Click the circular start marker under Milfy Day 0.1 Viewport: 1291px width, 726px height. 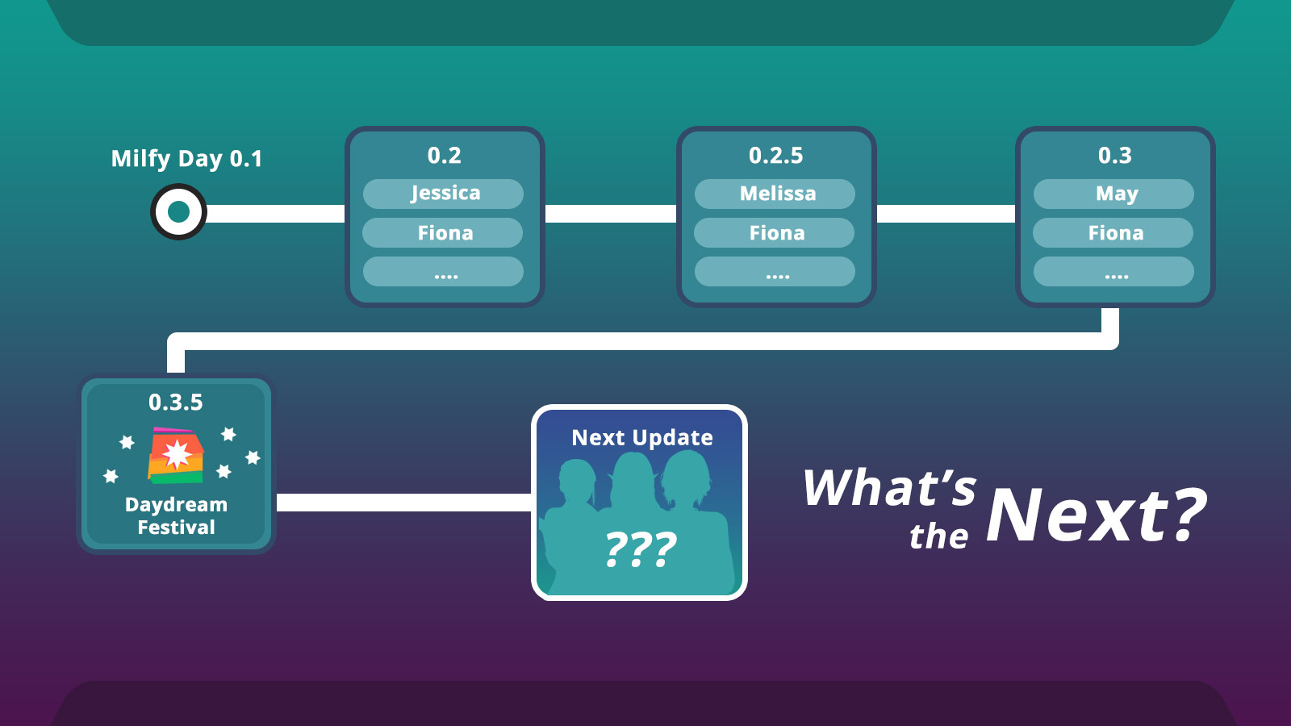click(178, 212)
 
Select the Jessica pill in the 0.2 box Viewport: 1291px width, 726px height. click(443, 194)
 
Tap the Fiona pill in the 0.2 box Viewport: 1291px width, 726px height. click(443, 233)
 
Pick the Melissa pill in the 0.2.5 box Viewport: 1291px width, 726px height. click(775, 194)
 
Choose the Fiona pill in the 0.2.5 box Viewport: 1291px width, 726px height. click(774, 233)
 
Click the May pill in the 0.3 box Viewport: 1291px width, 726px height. click(1113, 194)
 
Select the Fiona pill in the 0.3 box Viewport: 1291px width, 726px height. click(1113, 233)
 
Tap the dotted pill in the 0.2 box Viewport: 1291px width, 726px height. click(443, 271)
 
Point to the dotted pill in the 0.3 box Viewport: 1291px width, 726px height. click(1113, 271)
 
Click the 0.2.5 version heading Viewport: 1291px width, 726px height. click(775, 156)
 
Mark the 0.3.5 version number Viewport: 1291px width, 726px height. click(176, 403)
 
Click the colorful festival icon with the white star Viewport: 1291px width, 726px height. click(176, 455)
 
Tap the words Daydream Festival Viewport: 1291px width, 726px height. click(177, 515)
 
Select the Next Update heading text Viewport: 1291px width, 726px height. click(642, 438)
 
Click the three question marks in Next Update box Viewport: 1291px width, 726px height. click(641, 549)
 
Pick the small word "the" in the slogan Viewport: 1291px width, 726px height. click(939, 536)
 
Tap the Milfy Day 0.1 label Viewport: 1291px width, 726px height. click(186, 159)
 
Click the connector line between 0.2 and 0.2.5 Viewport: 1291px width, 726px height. click(611, 214)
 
